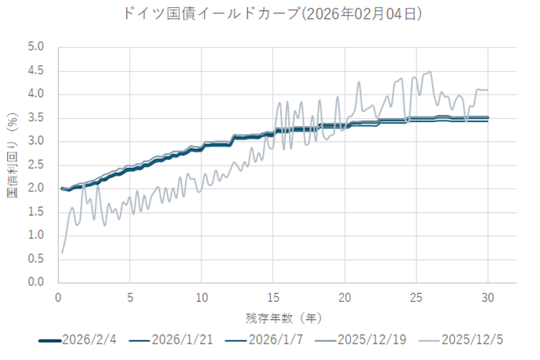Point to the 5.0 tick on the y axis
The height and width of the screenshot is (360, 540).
click(36, 47)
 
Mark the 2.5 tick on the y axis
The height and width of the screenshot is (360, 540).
click(36, 165)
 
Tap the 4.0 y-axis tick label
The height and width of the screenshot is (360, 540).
click(36, 95)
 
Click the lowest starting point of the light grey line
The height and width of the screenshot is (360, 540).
click(61, 253)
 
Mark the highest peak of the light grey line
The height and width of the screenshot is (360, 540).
click(430, 72)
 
